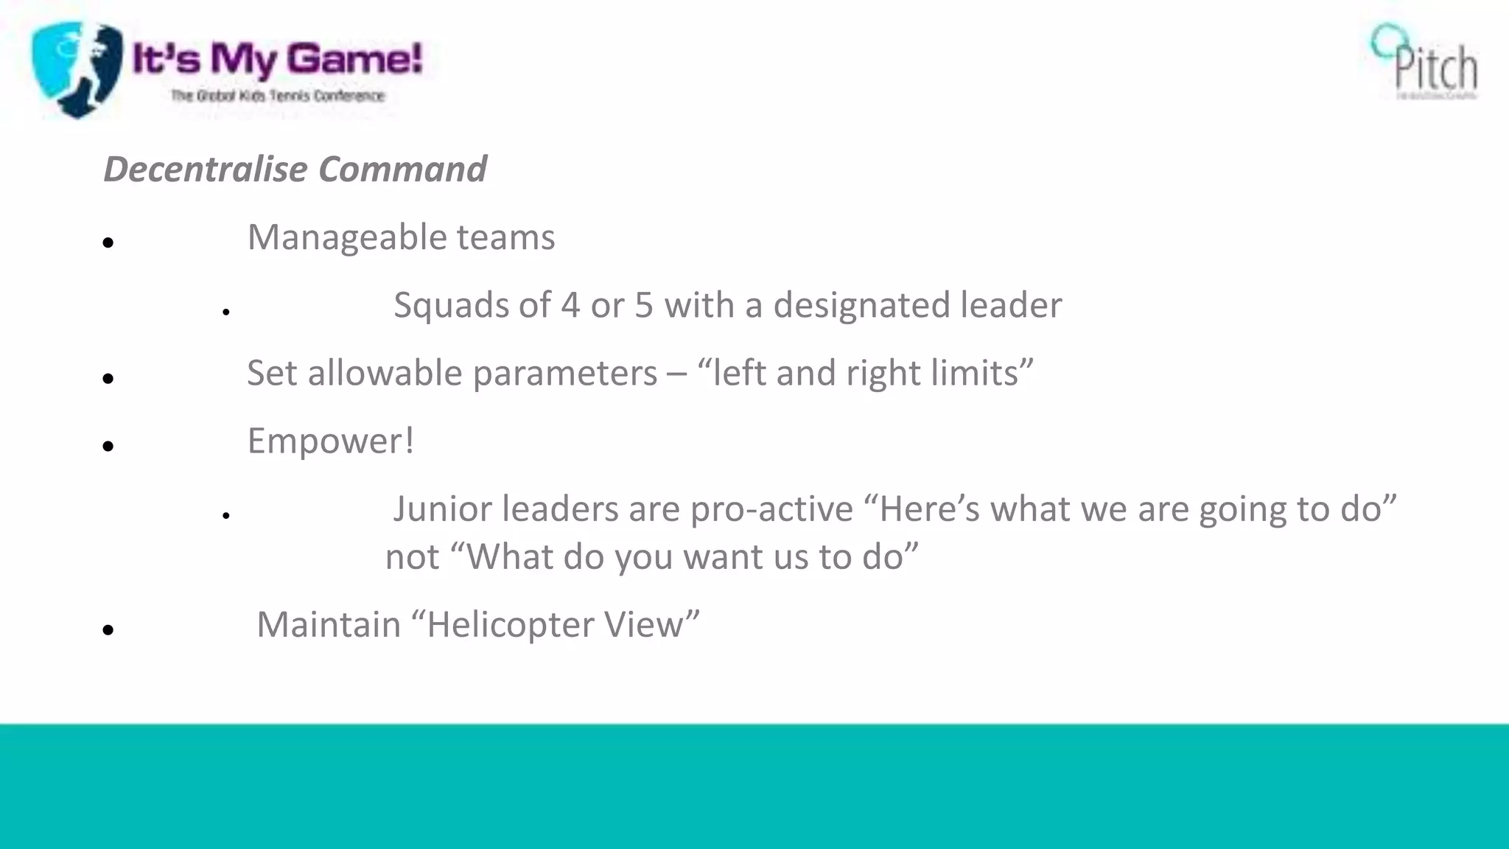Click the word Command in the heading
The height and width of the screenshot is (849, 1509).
pyautogui.click(x=402, y=170)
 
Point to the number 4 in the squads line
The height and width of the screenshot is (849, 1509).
pyautogui.click(x=570, y=306)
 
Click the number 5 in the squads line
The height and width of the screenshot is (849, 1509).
pyautogui.click(x=644, y=306)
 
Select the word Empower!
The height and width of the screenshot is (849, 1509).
pyautogui.click(x=331, y=441)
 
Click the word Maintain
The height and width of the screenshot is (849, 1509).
pyautogui.click(x=329, y=625)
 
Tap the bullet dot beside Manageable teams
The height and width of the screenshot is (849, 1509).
pyautogui.click(x=108, y=242)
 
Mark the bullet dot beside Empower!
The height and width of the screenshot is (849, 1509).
pyautogui.click(x=108, y=446)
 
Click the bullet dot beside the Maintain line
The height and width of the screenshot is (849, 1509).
pyautogui.click(x=108, y=630)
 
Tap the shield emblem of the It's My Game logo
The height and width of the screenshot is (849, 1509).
pyautogui.click(x=76, y=69)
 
